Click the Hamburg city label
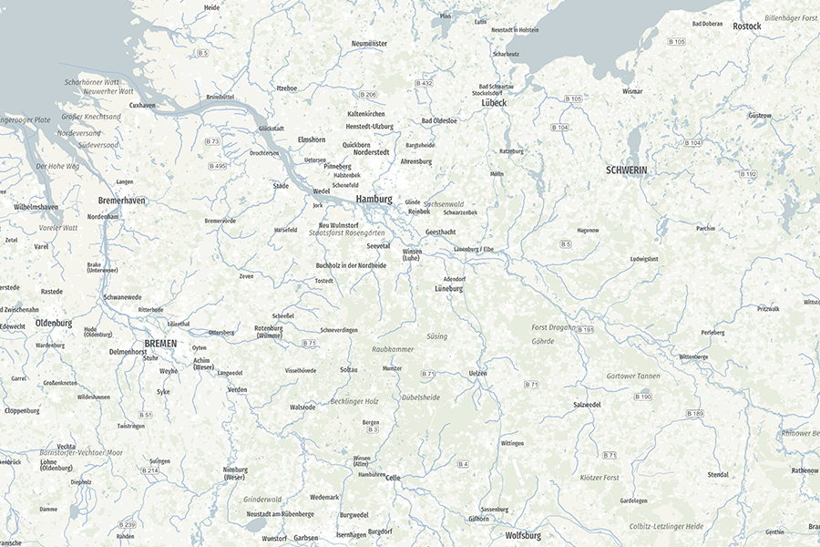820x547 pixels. coord(374,199)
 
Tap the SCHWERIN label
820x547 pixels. coord(626,170)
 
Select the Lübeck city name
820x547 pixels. coord(494,103)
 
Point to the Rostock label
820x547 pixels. coord(747,26)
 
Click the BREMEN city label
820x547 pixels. coord(160,343)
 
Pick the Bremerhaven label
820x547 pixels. coord(121,201)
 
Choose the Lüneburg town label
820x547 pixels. coord(448,289)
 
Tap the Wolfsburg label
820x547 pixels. coord(523,535)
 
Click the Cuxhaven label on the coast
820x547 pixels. coord(142,105)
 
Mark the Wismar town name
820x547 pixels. coord(632,92)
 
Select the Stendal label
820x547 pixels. coord(718,475)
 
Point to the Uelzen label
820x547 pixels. coord(477,374)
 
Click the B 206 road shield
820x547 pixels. coord(368,95)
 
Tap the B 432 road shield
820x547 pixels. coord(424,83)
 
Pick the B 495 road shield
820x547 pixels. coord(217,166)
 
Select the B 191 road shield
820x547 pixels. coord(584,329)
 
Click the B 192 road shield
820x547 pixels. coord(748,174)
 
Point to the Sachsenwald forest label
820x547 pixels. coord(444,204)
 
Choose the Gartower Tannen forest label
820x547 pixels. coord(633,377)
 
